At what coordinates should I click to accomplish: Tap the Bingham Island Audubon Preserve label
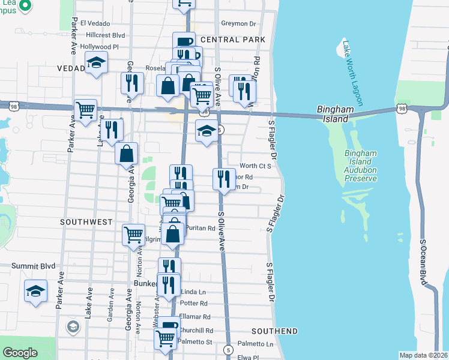[360, 166]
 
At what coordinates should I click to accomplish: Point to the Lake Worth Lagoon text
[352, 73]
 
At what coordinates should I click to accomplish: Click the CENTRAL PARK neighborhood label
[233, 40]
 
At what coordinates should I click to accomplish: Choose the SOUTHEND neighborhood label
[274, 331]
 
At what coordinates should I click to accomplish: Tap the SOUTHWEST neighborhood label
[86, 222]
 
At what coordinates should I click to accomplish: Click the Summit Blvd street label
[34, 265]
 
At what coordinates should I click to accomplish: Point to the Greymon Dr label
[238, 23]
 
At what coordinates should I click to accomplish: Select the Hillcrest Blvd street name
[105, 35]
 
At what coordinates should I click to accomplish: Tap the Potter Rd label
[193, 304]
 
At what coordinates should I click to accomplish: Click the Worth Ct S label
[256, 166]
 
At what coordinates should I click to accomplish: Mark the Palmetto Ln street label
[255, 344]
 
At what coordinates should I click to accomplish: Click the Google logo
[20, 353]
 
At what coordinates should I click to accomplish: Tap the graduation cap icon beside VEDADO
[95, 64]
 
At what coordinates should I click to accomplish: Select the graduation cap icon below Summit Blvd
[35, 291]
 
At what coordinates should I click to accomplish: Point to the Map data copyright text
[424, 355]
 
